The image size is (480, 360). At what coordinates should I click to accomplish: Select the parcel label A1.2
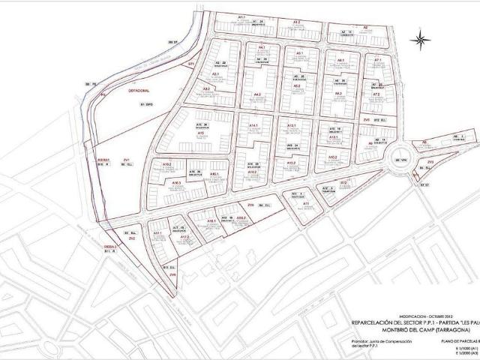(296, 22)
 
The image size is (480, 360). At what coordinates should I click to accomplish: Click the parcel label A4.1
(262, 48)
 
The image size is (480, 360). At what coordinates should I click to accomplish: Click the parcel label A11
(306, 202)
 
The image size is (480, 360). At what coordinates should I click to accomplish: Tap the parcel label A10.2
(166, 164)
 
